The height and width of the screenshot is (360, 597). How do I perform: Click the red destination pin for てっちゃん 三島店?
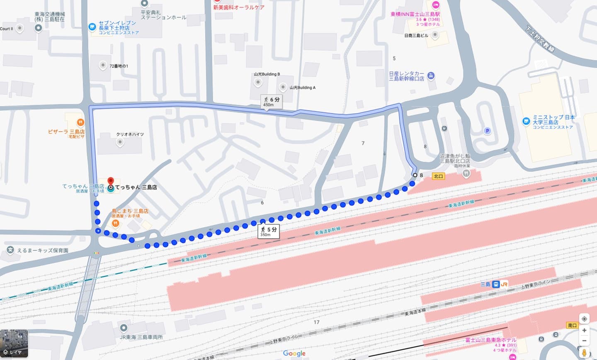pos(111,182)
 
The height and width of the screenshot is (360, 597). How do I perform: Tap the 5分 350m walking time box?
pos(268,231)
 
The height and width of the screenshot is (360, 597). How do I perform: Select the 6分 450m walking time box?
pos(271,102)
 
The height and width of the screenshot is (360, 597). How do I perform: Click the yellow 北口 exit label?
pos(438,176)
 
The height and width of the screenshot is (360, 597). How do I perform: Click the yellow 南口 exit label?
pos(573,326)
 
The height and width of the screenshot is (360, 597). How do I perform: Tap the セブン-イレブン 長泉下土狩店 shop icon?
pos(92,27)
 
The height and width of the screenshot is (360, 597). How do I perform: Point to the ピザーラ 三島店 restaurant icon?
pos(80,123)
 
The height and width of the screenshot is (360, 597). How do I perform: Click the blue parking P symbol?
pos(488,131)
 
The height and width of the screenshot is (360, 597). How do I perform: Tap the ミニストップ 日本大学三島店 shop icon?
pos(526,122)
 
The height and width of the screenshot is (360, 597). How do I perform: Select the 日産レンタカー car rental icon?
pos(431,76)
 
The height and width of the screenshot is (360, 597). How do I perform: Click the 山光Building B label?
pos(267,74)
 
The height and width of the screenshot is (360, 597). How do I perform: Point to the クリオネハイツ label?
pos(130,134)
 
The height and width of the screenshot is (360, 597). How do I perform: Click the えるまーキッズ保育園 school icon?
pos(10,250)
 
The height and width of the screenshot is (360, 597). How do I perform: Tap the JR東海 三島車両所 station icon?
pos(123,328)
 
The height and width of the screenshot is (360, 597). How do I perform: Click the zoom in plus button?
pos(584,330)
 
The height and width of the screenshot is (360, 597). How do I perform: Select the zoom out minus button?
pos(584,341)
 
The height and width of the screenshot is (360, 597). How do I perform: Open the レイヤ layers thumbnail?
pos(14,344)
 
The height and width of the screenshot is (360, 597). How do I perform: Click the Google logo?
pos(294,353)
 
